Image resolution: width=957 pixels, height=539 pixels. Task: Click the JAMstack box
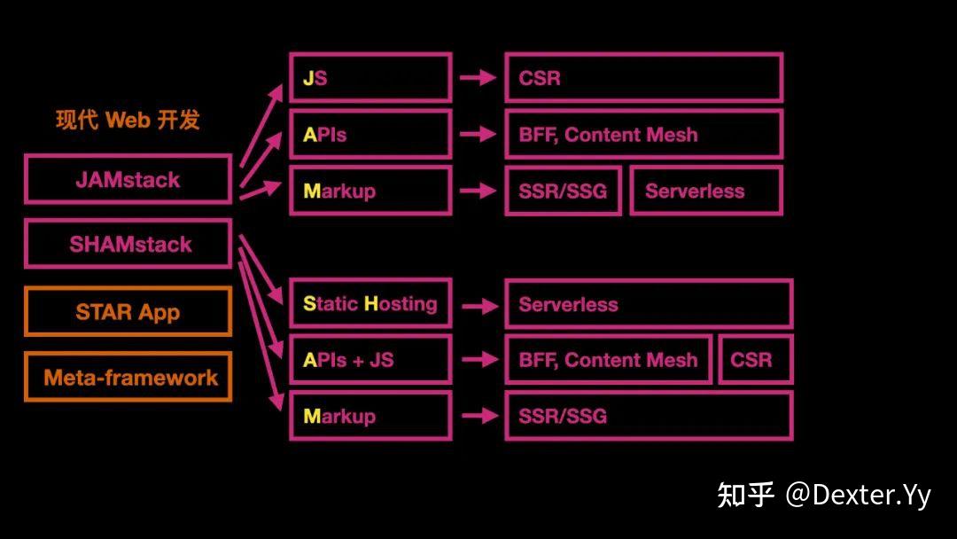128,179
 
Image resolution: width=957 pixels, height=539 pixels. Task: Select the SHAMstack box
128,244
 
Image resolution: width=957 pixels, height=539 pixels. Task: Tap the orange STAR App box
128,312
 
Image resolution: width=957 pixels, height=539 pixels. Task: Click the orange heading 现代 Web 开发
128,120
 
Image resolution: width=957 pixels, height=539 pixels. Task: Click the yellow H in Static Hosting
371,304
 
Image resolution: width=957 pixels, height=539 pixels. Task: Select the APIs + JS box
370,360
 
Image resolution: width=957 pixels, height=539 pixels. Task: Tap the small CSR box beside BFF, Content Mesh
755,360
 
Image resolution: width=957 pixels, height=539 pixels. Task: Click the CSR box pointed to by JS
643,78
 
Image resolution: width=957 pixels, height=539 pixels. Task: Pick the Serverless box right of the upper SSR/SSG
705,191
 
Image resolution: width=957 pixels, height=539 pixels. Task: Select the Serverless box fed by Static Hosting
648,304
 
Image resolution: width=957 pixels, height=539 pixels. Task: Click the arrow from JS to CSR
478,78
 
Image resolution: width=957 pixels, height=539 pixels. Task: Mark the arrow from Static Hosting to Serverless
478,306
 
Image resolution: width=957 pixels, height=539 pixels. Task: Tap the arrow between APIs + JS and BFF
478,360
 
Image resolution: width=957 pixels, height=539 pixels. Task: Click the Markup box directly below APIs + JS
370,416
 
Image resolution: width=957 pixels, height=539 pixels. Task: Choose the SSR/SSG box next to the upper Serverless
564,191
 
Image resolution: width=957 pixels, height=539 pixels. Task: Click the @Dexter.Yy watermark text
858,495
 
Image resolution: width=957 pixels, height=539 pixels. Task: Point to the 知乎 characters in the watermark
745,495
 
